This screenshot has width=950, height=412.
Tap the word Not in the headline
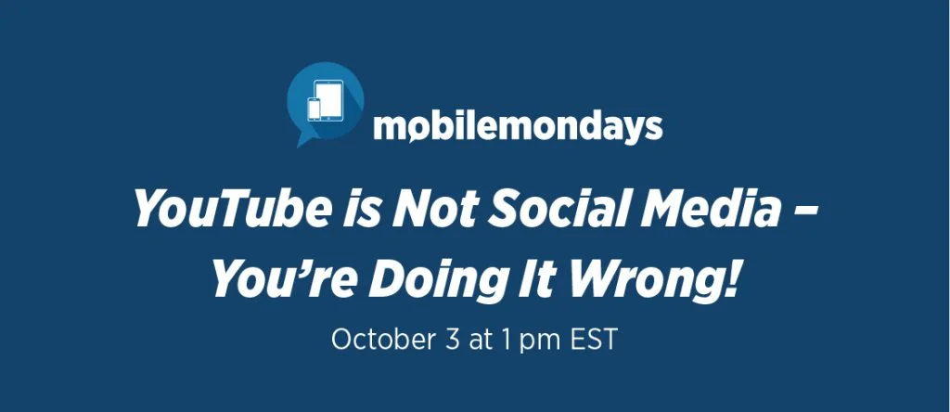point(429,207)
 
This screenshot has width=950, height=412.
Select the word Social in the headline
point(546,207)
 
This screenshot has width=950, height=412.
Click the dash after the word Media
point(806,210)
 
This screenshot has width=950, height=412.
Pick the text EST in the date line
point(594,340)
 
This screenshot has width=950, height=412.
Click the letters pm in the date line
point(540,342)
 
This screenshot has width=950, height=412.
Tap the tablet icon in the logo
point(328,100)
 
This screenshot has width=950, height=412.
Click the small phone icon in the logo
point(314,109)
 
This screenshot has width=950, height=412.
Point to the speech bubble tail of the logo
point(303,139)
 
